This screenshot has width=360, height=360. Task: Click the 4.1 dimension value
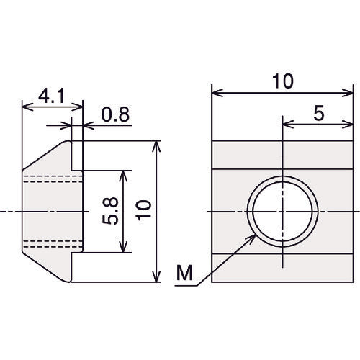click(51, 96)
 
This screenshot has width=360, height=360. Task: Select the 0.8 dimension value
click(115, 114)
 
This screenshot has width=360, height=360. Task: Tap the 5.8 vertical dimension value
click(110, 211)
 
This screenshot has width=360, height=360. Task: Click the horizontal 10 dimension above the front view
click(283, 81)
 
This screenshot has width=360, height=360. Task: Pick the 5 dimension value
click(319, 113)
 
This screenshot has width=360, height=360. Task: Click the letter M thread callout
click(184, 273)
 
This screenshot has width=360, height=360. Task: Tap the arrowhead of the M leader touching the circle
click(253, 238)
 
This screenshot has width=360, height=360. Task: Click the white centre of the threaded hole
click(283, 211)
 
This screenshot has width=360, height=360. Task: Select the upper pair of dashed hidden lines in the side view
click(53, 179)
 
